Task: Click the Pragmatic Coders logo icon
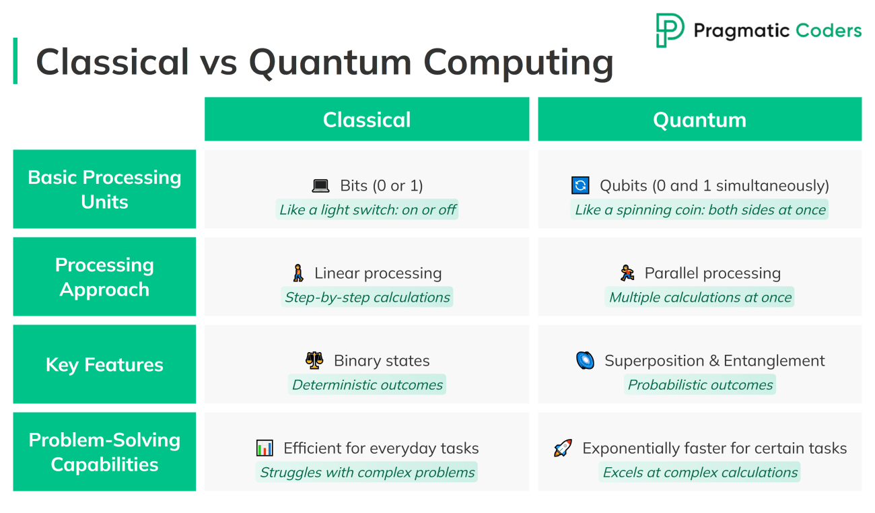pos(670,30)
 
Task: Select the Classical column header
pos(366,119)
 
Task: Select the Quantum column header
pos(699,119)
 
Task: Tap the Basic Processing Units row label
pos(104,189)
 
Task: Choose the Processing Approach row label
pos(104,277)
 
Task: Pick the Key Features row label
pos(104,364)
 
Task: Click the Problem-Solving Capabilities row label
pos(104,452)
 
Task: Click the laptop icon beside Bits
pos(320,186)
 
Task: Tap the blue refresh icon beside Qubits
pos(580,186)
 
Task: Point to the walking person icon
pos(298,273)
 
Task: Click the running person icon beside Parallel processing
pos(627,273)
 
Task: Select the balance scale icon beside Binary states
pos(314,360)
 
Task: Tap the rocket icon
pos(563,448)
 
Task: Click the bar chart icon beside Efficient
pos(265,448)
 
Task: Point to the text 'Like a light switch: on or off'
pos(367,209)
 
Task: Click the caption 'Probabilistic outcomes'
pos(700,384)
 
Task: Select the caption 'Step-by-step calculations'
pos(367,297)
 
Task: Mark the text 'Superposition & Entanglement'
pos(714,361)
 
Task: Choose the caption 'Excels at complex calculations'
pos(700,472)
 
